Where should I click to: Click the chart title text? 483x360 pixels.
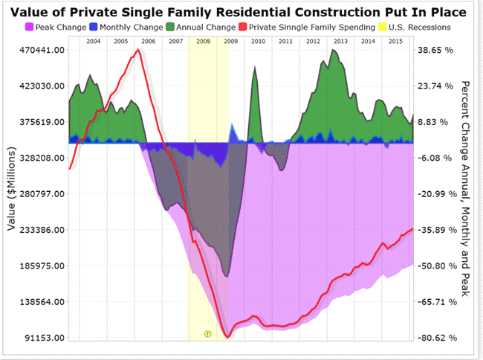(x=241, y=13)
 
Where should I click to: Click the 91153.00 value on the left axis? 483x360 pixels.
(x=44, y=338)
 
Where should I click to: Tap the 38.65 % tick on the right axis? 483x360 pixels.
(x=438, y=50)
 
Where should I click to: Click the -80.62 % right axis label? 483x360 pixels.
(x=439, y=338)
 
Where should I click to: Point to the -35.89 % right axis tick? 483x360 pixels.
(x=439, y=230)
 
